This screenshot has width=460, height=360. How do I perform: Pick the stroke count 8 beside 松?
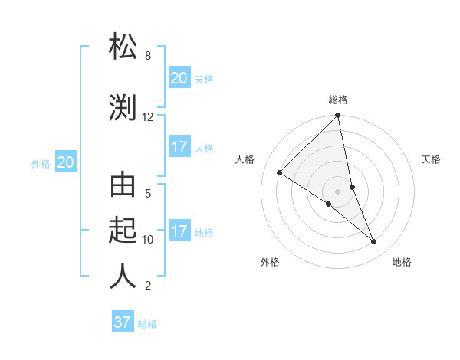tap(147, 56)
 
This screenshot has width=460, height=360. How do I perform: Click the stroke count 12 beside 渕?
tap(148, 117)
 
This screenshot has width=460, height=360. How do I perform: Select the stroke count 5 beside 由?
tap(147, 194)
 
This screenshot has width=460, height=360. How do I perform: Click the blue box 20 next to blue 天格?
tap(179, 77)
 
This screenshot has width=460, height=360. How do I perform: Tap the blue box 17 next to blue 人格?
tap(179, 147)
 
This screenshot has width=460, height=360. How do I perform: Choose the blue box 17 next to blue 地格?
tap(179, 231)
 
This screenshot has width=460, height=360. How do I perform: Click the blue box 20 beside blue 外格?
tap(66, 162)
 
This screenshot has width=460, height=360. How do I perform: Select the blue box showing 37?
tap(122, 322)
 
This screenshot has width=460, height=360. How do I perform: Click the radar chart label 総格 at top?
tap(338, 100)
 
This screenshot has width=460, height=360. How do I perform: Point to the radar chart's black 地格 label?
tap(402, 263)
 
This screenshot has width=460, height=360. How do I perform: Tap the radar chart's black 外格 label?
tap(270, 263)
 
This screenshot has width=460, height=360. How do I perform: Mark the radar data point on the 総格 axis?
tap(338, 116)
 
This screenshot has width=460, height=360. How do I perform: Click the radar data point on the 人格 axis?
tap(280, 172)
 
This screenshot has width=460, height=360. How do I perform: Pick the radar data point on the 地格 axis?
tap(374, 242)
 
